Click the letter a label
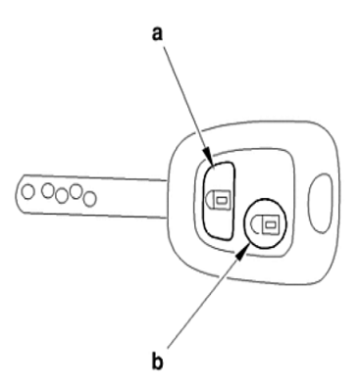[157, 34]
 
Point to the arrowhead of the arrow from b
[241, 253]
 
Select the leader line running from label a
[186, 104]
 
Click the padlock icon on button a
[218, 199]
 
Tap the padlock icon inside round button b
[264, 224]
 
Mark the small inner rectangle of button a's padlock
[223, 199]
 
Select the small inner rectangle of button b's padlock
[270, 224]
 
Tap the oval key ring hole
[321, 203]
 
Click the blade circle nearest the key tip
[28, 192]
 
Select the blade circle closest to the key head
[90, 199]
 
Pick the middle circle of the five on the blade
[62, 196]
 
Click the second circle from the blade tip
[48, 191]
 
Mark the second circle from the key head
[76, 191]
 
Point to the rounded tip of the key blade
[16, 193]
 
